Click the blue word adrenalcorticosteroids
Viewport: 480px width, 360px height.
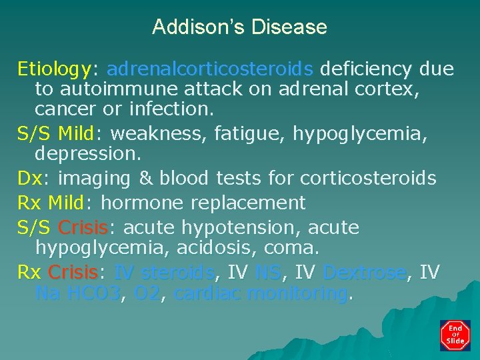pos(209,69)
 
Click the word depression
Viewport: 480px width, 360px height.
pos(87,154)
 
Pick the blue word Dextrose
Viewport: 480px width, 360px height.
pos(363,273)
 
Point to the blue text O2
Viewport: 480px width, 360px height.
pos(147,293)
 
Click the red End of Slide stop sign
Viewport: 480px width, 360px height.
pos(455,335)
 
